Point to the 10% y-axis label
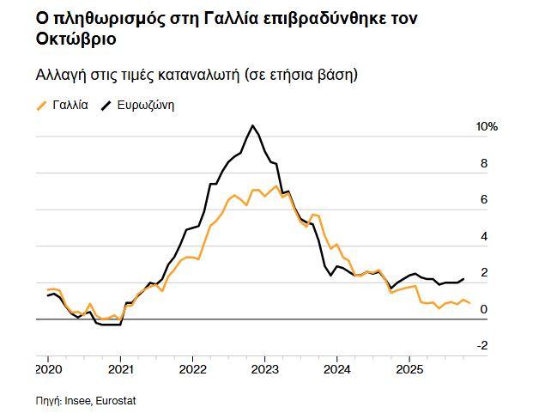[x=487, y=126]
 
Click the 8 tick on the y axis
[x=483, y=163]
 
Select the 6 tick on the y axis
[x=483, y=199]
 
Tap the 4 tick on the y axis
[x=483, y=236]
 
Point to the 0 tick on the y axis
[x=483, y=309]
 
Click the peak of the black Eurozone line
[x=252, y=126]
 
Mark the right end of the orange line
[x=469, y=303]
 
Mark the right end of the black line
[x=464, y=278]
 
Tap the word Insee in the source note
[x=79, y=400]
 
